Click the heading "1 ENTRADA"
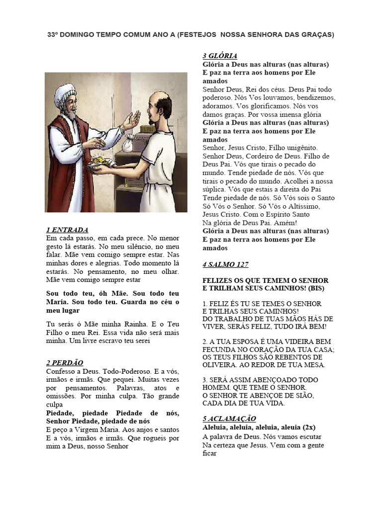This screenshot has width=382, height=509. (67, 230)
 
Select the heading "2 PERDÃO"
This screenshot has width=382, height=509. (64, 363)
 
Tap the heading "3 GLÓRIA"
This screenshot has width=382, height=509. (220, 56)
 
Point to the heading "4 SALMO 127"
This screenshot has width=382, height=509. (225, 264)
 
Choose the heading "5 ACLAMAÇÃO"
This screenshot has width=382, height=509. (229, 419)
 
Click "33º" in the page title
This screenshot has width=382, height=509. (53, 35)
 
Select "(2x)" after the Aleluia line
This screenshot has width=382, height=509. (306, 427)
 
